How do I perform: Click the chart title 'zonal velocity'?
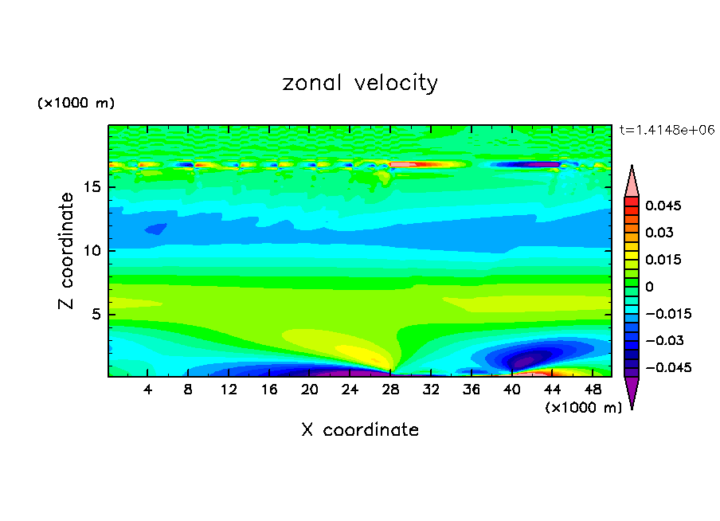[x=360, y=83]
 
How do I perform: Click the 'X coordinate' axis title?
[x=360, y=430]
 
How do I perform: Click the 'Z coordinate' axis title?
[x=68, y=251]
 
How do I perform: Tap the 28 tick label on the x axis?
[x=391, y=390]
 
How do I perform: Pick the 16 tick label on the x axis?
[x=269, y=390]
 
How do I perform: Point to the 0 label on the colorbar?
[x=650, y=287]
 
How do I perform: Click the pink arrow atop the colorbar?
[x=632, y=181]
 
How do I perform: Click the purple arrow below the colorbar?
[x=632, y=392]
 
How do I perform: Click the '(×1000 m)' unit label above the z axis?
[x=76, y=104]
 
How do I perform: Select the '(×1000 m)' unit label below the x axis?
[x=584, y=408]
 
